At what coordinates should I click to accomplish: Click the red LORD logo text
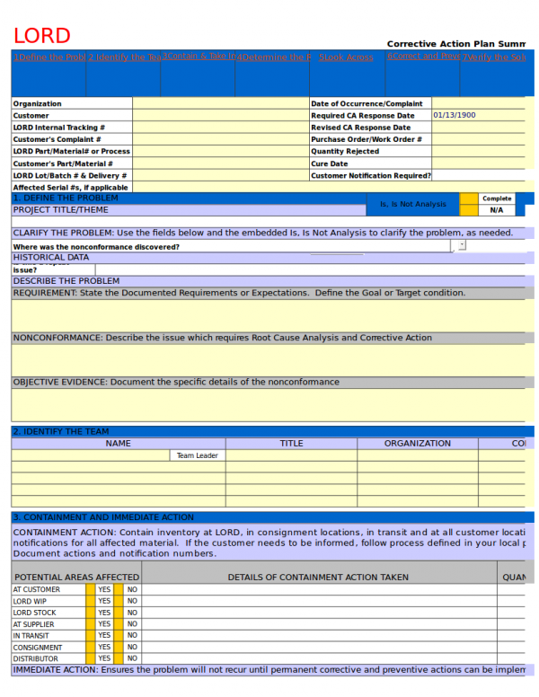[41, 36]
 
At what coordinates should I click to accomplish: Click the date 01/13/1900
[454, 115]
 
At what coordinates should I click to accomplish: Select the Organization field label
[38, 104]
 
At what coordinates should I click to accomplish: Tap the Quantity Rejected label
[345, 152]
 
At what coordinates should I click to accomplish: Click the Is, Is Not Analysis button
[412, 204]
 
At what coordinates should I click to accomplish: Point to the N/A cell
[496, 210]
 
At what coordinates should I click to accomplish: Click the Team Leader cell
[197, 455]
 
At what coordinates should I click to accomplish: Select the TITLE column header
[291, 443]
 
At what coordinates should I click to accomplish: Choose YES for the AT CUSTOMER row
[104, 590]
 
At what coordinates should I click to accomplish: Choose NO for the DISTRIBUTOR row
[132, 658]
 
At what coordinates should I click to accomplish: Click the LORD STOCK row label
[34, 613]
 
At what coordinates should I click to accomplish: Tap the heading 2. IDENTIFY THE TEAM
[61, 431]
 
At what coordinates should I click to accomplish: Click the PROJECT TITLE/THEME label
[60, 210]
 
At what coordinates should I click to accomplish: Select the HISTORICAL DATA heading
[51, 257]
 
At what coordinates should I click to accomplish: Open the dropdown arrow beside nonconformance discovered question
[462, 244]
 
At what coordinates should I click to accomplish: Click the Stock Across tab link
[346, 57]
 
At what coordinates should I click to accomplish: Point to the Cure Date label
[330, 163]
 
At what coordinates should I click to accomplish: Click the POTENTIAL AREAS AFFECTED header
[76, 578]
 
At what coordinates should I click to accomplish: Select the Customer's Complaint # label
[57, 139]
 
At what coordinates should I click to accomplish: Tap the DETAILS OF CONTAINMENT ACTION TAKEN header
[318, 578]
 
